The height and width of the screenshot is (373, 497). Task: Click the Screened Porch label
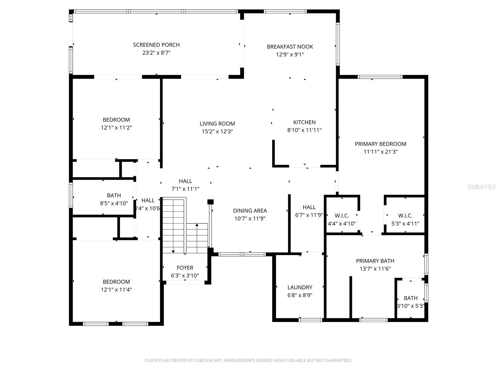click(x=156, y=45)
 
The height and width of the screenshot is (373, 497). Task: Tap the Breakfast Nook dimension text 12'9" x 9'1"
click(x=290, y=55)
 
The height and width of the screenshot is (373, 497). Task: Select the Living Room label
click(x=217, y=124)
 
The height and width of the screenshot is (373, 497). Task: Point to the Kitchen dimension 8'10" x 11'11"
click(x=304, y=130)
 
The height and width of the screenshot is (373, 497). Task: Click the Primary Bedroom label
click(x=381, y=144)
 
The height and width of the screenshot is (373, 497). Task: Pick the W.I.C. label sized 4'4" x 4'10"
click(x=342, y=216)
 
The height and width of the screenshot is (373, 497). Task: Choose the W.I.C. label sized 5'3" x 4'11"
click(x=405, y=216)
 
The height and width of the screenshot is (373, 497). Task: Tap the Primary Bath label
click(x=375, y=261)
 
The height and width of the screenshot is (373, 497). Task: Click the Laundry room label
click(x=300, y=288)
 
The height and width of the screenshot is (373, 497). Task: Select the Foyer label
click(x=185, y=268)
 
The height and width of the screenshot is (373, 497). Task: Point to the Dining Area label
click(x=250, y=211)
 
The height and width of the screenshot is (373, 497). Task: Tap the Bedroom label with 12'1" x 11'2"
click(x=116, y=120)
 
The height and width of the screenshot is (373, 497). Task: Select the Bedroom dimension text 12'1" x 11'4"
click(x=116, y=290)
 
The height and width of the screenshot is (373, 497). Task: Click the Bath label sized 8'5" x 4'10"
click(x=114, y=196)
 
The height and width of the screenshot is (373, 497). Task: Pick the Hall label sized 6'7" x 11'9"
click(x=309, y=207)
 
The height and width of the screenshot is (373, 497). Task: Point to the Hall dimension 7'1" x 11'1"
click(x=185, y=189)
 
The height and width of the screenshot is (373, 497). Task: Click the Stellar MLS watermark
click(x=481, y=187)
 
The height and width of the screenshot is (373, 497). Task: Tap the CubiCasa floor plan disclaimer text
click(x=248, y=361)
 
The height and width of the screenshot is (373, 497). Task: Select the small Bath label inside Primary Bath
click(x=411, y=298)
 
